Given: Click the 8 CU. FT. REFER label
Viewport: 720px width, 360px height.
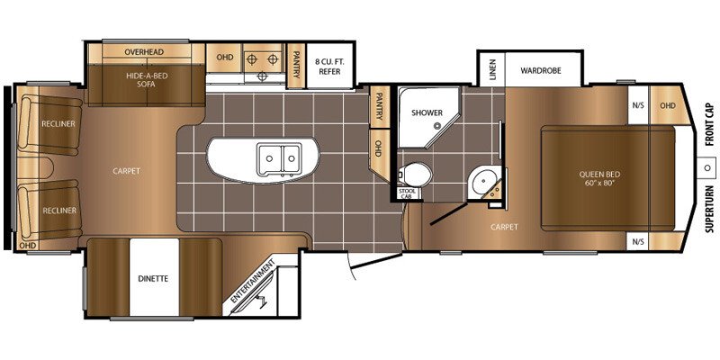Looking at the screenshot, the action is pos(328,66).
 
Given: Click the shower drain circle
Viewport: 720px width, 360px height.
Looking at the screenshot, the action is pos(438,124).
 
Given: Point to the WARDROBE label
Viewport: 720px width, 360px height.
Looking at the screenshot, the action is pos(541,71).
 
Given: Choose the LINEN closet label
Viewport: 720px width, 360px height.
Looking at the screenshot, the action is pos(492,69).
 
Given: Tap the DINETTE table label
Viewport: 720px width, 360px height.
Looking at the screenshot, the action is pos(153,278).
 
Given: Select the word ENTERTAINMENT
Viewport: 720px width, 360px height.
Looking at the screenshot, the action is pos(253,281).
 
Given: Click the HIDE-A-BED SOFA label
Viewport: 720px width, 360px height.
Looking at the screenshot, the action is pos(147,80).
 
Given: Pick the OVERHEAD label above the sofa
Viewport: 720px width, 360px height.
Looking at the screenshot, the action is pos(144,52).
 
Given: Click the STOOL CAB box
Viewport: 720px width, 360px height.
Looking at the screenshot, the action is pos(408,193).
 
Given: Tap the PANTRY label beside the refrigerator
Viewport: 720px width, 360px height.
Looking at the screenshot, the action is pos(297,65).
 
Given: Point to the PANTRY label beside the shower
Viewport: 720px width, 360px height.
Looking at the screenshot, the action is pos(379,106).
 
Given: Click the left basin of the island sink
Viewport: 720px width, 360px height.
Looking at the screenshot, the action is pos(269,158).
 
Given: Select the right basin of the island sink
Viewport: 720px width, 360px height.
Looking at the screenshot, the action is pos(291,158).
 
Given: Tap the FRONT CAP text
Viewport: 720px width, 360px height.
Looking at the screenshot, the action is pos(710,125).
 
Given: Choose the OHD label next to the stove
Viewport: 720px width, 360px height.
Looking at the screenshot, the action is pos(224,57).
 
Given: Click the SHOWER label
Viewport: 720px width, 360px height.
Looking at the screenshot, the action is pos(420,112).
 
